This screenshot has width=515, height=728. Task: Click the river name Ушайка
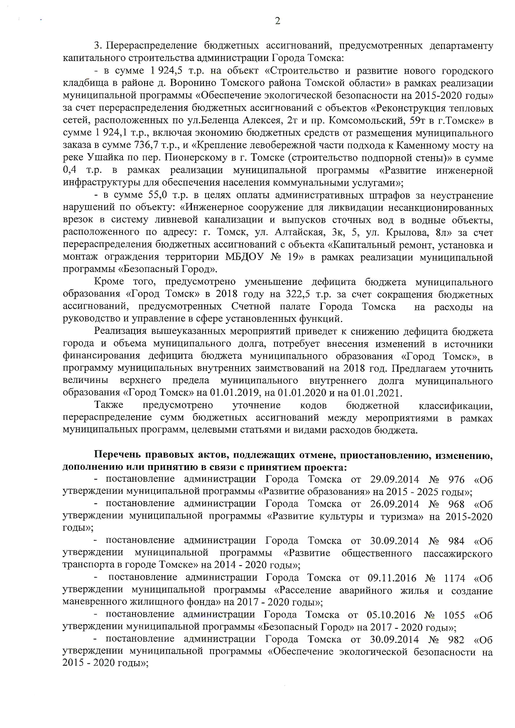point(104,158)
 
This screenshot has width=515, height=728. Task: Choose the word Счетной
point(251,306)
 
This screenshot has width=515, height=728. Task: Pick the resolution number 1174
point(454,578)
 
